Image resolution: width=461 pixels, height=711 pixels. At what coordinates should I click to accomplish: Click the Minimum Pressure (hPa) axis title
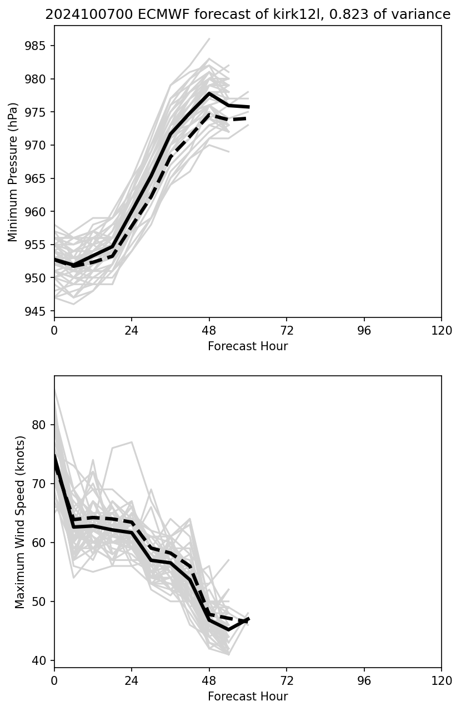13,171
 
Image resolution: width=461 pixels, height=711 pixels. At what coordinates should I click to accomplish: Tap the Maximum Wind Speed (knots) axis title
20,522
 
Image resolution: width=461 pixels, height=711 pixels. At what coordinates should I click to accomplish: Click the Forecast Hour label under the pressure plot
248,346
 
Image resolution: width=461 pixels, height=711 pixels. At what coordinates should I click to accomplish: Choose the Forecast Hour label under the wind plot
248,697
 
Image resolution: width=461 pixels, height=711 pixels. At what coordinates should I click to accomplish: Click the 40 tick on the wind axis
42,660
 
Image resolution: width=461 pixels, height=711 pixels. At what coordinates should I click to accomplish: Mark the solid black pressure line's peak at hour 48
209,93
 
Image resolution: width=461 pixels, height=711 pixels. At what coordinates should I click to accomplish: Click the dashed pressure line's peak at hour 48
209,114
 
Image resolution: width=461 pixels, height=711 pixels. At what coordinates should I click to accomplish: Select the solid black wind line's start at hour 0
54,456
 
